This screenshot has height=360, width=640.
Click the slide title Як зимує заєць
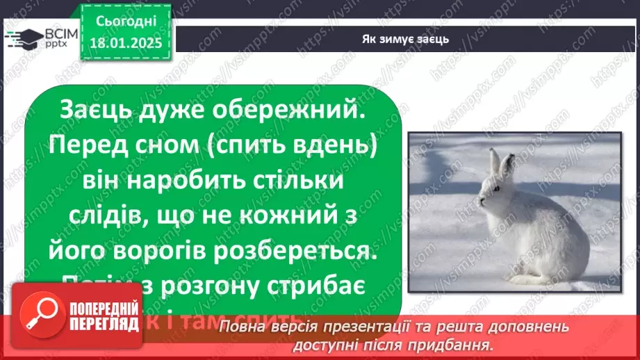(407, 39)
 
